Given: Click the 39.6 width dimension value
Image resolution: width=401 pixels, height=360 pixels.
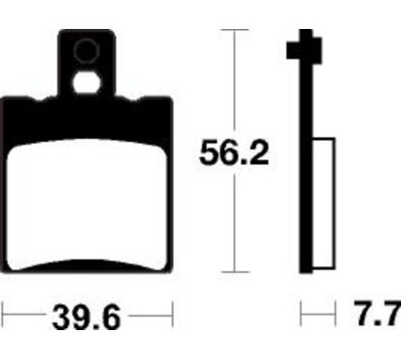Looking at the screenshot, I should pos(86,316).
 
